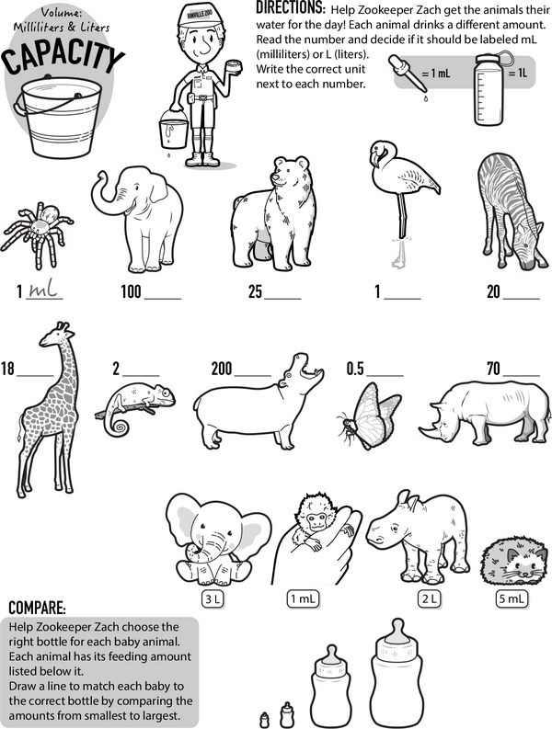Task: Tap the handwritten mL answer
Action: coord(43,290)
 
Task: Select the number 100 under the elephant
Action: coord(131,291)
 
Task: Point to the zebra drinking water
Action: coord(510,211)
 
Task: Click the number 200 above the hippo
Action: coord(222,369)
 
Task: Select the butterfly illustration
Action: coord(369,416)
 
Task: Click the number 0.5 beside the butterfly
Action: coord(355,369)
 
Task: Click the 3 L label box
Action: coord(213,598)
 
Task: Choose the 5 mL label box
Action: coord(512,598)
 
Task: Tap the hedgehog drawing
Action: coord(515,562)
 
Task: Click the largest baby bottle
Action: coord(397,672)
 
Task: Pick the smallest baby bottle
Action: coord(265,719)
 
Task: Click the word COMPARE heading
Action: coord(37,608)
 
